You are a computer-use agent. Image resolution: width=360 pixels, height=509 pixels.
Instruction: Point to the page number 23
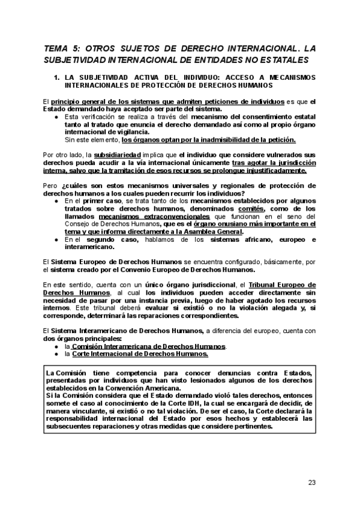[311, 482]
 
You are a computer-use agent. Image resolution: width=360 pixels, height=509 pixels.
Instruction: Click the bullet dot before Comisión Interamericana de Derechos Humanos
[56, 347]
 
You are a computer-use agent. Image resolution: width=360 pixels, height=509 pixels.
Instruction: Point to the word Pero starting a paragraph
[51, 185]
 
